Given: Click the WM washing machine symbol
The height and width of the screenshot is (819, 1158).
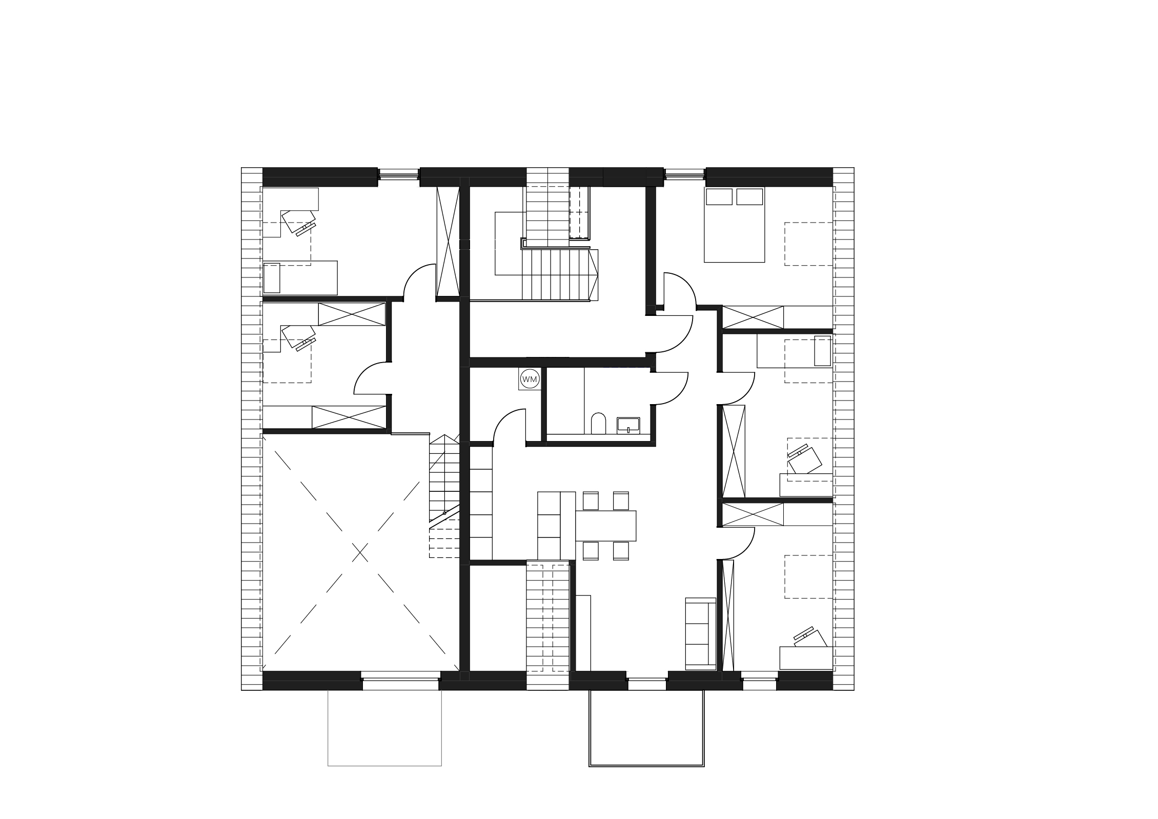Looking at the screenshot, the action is (530, 379).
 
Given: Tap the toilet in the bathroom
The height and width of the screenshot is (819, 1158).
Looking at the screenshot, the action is (598, 424).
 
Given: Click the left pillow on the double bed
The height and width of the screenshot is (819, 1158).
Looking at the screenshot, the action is (719, 197).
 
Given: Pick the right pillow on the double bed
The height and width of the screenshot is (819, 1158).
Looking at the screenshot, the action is (749, 197).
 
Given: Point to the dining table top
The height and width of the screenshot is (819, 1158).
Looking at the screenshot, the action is (606, 526).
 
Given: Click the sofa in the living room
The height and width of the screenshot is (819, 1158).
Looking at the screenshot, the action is (701, 633).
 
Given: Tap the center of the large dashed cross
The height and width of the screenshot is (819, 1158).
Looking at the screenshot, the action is (361, 552).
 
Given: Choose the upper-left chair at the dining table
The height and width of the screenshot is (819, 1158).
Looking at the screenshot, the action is (591, 501).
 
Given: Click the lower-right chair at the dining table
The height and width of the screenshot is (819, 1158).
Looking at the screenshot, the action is (621, 550).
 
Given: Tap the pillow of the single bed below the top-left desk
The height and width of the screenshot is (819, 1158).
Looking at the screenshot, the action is (272, 278).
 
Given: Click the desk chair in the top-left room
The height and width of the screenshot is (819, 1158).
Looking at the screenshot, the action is (298, 222).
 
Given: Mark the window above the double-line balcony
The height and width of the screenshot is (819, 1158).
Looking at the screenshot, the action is (647, 684).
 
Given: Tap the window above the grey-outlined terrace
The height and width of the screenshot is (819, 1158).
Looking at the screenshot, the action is (401, 684).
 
